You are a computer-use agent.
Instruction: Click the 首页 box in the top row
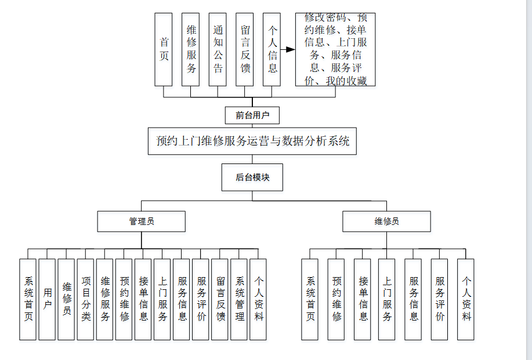click(x=164, y=49)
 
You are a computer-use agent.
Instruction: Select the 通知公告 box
click(x=218, y=49)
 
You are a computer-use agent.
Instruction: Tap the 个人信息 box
click(x=272, y=49)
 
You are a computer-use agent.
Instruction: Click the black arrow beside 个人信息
click(x=289, y=49)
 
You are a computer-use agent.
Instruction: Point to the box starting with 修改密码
click(x=335, y=49)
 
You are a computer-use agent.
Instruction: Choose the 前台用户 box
click(x=252, y=115)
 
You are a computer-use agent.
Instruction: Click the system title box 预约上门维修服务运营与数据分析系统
click(x=252, y=141)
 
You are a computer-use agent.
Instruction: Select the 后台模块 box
click(x=252, y=177)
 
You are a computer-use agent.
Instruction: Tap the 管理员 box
click(x=142, y=221)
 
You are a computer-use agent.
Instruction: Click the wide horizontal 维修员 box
click(x=386, y=221)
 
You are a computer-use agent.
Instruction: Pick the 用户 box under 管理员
click(x=48, y=299)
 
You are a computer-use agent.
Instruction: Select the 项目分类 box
click(x=86, y=299)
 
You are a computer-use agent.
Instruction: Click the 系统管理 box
click(x=239, y=299)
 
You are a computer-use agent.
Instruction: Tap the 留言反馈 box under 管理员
click(x=220, y=299)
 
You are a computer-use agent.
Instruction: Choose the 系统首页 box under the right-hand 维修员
click(x=310, y=299)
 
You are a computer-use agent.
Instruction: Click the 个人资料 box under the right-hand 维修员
click(x=466, y=299)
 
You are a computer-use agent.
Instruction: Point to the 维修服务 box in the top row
click(x=191, y=49)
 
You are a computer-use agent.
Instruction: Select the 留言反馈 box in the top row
click(x=245, y=49)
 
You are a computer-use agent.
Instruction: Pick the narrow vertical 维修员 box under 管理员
click(x=67, y=299)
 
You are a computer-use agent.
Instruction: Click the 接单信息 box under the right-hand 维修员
click(x=363, y=299)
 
